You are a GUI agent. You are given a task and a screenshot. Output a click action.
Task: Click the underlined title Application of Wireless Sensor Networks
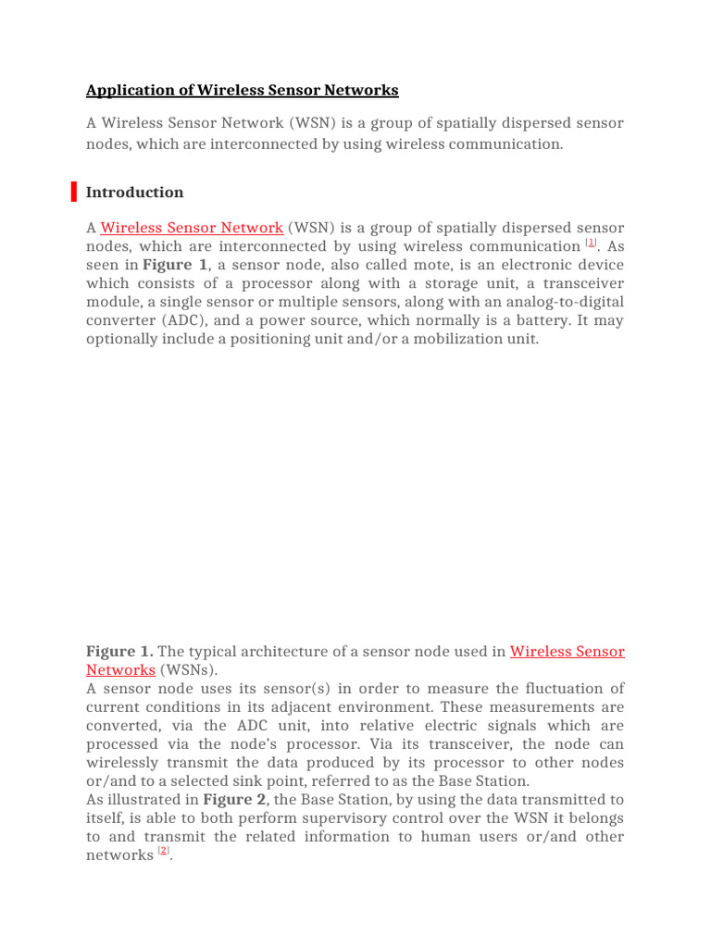pos(242,91)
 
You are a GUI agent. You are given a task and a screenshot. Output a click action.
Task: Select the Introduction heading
pos(134,193)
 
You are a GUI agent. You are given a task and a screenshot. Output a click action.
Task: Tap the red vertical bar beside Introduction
pos(74,193)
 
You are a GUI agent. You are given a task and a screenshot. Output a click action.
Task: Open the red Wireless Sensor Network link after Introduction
pos(192,228)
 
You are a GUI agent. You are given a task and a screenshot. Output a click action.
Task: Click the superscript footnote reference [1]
pos(592,243)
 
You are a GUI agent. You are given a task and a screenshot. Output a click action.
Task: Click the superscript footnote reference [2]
pos(164,852)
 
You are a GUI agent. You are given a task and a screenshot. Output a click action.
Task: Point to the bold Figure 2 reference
pos(228,800)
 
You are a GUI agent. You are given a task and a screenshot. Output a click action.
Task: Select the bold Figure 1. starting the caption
pos(119,652)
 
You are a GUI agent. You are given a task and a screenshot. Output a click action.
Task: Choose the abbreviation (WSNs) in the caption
pos(189,670)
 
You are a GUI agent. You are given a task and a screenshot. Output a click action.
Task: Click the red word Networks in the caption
pos(120,670)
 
